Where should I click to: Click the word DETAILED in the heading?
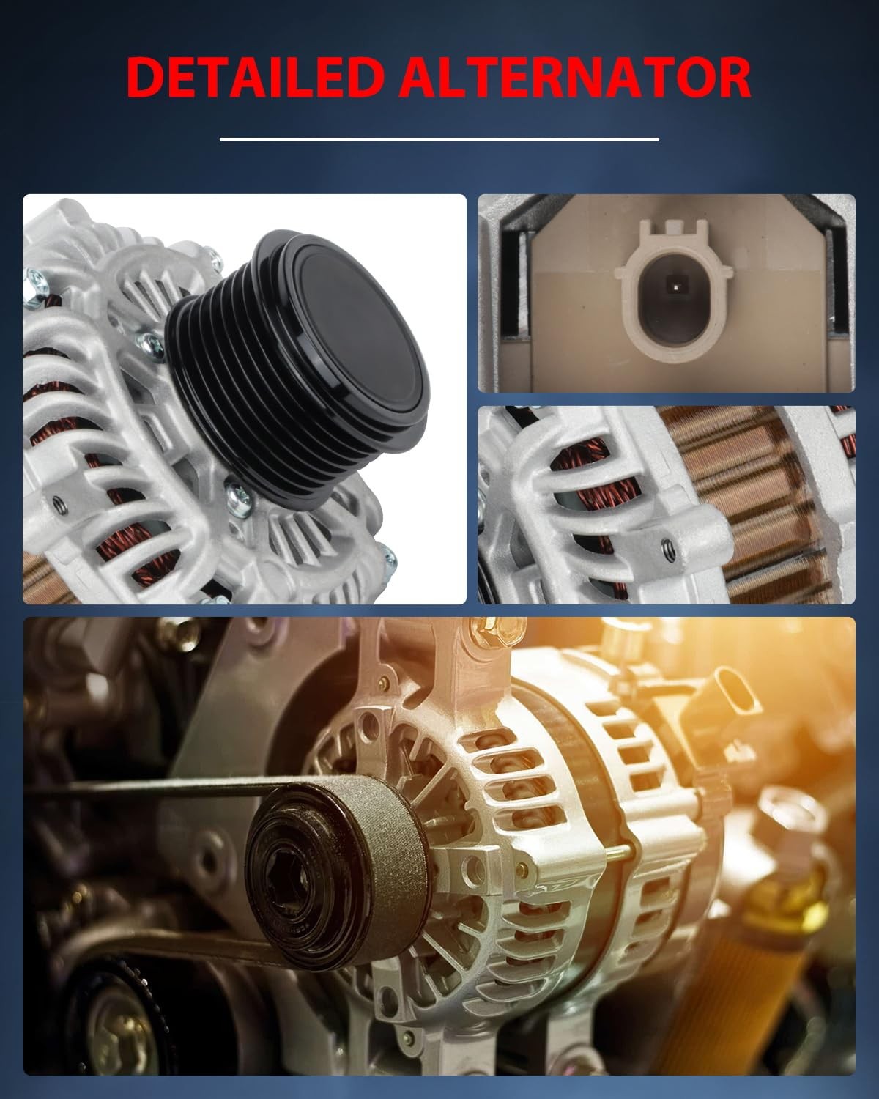point(256,77)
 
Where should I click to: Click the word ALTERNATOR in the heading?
point(574,77)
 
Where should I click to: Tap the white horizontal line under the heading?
point(439,139)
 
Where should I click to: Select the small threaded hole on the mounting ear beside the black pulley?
point(60,505)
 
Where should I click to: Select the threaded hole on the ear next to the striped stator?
point(669,550)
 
